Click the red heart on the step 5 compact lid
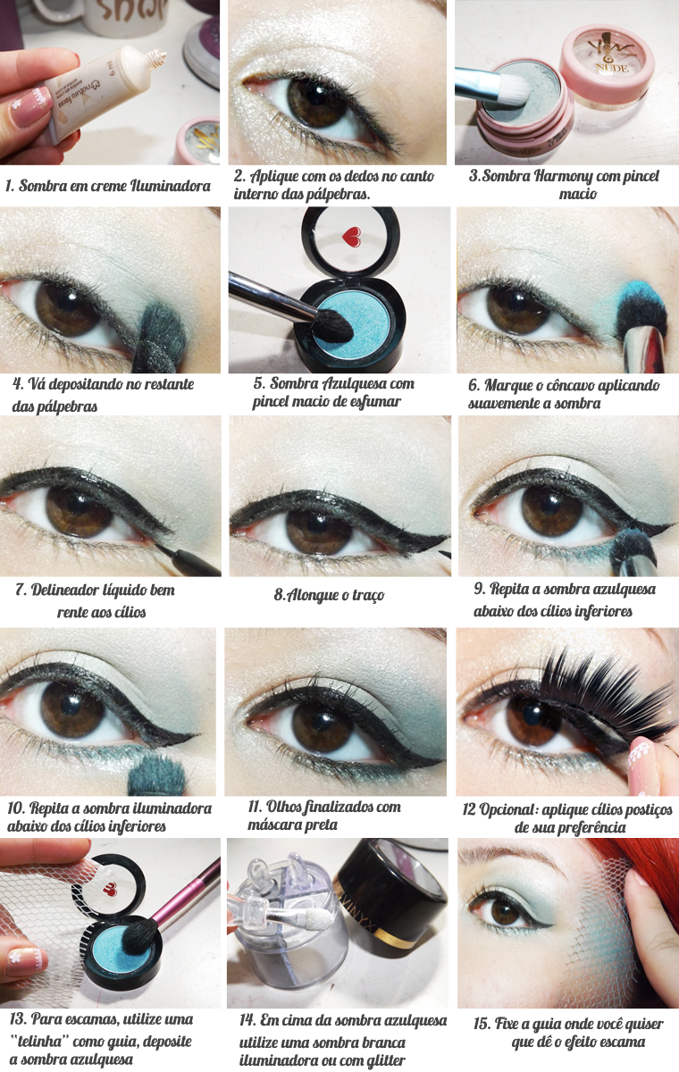tap(352, 237)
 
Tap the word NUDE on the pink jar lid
tap(612, 68)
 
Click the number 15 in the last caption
tap(481, 1024)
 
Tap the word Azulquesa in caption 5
tap(353, 383)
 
